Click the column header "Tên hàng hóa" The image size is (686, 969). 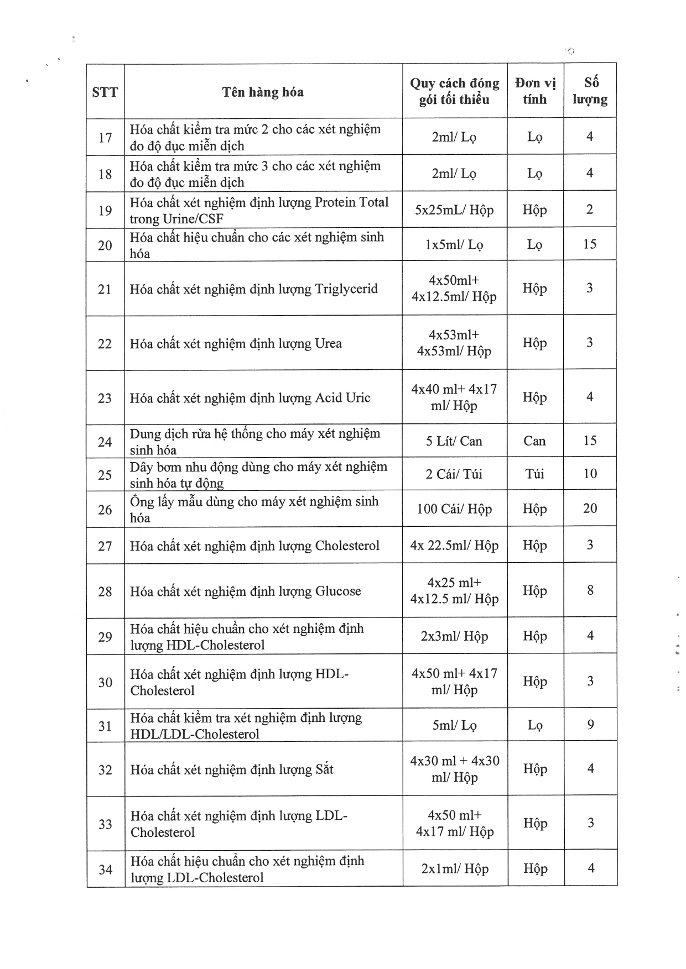pos(263,92)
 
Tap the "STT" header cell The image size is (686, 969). pos(105,92)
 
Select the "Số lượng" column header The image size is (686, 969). pos(590,91)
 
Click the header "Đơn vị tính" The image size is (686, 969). pos(535,91)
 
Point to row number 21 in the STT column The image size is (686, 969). pos(105,289)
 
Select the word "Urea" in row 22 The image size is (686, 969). pos(329,344)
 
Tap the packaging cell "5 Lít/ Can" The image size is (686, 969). pos(454,441)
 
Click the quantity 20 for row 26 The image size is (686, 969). pos(590,509)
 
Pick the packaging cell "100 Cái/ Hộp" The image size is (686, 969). pos(454,509)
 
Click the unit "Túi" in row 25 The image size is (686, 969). pos(535,474)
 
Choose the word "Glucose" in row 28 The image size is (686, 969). pos(338,591)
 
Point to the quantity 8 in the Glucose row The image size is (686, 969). pos(590,590)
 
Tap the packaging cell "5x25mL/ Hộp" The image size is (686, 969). pos(454,210)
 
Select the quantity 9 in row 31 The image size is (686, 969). pos(590,725)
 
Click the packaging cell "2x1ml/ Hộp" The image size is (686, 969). pos(455,869)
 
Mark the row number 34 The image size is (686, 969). pos(106,870)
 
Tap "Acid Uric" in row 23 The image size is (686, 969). pos(342,398)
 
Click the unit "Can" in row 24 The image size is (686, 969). pos(535,441)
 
